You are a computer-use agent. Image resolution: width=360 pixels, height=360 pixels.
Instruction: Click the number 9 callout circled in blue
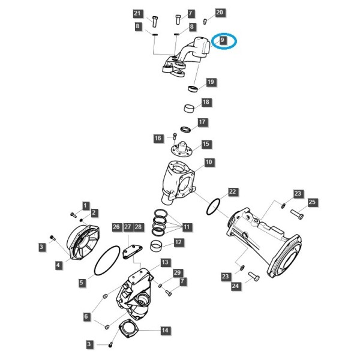click(x=222, y=40)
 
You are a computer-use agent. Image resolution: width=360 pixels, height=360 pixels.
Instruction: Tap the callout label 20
click(x=220, y=12)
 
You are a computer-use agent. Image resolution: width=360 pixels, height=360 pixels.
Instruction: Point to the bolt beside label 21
click(x=155, y=22)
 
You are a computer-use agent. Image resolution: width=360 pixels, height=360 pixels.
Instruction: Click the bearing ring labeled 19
click(x=193, y=88)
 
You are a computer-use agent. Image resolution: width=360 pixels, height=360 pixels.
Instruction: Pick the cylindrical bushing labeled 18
click(x=190, y=108)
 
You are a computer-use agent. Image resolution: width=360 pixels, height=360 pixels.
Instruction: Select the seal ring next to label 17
click(x=186, y=129)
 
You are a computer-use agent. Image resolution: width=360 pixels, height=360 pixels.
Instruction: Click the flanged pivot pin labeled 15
click(x=181, y=149)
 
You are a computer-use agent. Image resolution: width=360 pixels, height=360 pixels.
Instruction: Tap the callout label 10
click(x=209, y=162)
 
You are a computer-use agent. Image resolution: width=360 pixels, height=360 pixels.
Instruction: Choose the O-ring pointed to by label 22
click(x=213, y=207)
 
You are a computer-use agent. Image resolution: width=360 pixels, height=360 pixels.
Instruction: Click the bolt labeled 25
click(x=297, y=214)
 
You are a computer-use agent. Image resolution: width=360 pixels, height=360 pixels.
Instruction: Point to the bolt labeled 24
click(x=254, y=276)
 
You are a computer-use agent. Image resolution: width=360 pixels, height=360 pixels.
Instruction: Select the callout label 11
click(x=187, y=227)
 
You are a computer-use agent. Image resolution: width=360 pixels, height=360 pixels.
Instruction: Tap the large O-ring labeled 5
click(x=107, y=260)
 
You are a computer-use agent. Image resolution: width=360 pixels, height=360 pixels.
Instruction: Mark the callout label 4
click(x=58, y=265)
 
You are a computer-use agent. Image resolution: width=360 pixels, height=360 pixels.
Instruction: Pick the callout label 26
click(x=116, y=227)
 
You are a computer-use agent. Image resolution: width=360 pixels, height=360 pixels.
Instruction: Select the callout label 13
click(x=165, y=262)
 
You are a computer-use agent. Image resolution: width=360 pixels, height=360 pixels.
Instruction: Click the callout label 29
click(x=177, y=273)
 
